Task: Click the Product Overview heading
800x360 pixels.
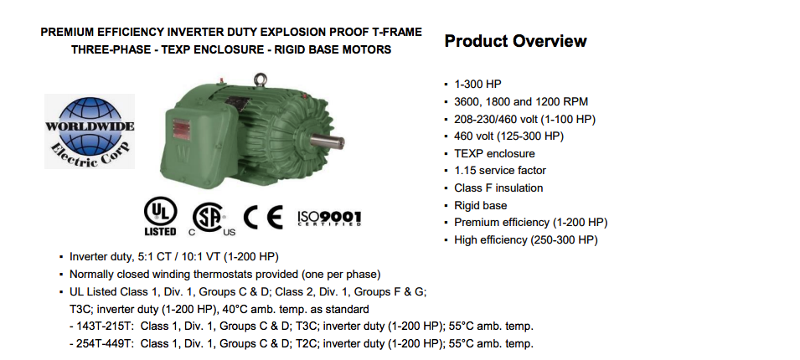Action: click(515, 41)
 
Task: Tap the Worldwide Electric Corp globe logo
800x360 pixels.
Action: click(90, 131)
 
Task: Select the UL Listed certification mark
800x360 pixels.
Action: click(161, 216)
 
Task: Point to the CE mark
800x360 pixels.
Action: click(263, 218)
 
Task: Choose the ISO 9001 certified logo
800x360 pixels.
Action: click(329, 218)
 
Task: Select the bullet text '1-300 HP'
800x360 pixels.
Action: click(477, 84)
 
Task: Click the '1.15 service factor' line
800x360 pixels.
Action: click(500, 170)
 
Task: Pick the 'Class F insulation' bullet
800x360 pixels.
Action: click(498, 188)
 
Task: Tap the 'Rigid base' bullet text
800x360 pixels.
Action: click(481, 205)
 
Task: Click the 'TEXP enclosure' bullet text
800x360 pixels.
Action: click(494, 153)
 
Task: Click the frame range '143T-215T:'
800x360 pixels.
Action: click(106, 327)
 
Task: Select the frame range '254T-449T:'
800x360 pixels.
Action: click(106, 344)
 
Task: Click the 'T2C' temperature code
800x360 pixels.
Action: click(307, 344)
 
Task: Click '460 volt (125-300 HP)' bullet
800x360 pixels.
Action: click(508, 136)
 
